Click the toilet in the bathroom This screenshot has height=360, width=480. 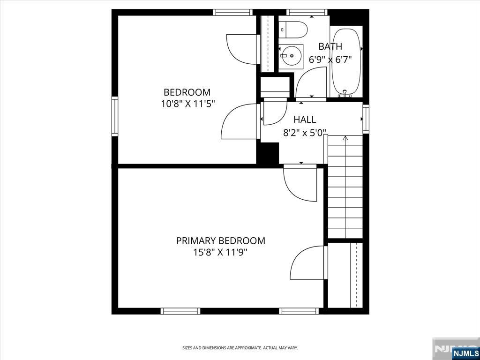coord(293,30)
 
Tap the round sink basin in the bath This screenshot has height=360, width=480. coord(291,56)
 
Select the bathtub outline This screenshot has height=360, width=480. coord(346,61)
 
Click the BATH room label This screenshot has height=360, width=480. coord(330,46)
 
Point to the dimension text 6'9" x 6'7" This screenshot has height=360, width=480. coord(330,60)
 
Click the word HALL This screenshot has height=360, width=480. coord(305,120)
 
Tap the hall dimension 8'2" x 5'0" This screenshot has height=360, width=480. coord(305,133)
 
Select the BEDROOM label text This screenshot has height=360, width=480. coord(187,92)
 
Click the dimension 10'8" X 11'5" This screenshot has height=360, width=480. coord(187,105)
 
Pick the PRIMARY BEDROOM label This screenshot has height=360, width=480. coord(220,240)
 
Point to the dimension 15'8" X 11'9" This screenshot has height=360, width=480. coord(220,253)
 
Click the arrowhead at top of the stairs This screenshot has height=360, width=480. coord(345,138)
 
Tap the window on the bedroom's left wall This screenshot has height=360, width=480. coord(115,116)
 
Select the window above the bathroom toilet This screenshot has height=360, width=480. coord(307,12)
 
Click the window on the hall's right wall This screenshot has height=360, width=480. coord(366,119)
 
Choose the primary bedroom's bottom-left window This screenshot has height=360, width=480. coord(180,311)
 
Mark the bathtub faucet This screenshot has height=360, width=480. coord(345,94)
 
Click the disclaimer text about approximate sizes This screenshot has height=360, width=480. coord(240,348)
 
